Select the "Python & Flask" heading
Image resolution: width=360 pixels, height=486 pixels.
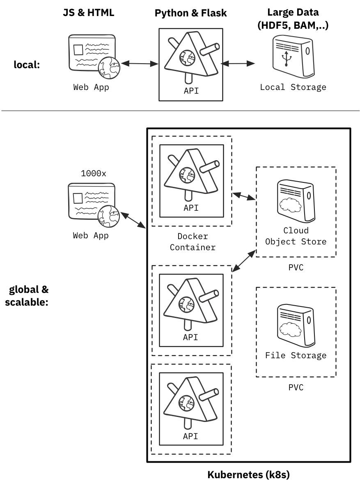190,13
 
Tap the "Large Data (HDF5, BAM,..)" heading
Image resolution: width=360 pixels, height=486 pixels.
293,18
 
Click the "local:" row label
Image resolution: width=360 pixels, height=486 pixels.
27,64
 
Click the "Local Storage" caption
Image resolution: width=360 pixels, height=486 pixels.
293,87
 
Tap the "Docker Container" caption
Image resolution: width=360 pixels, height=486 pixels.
193,242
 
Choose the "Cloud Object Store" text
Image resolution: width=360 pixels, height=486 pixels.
296,236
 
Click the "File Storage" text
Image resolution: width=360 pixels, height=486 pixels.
296,355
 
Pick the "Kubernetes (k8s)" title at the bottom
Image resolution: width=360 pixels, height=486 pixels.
248,475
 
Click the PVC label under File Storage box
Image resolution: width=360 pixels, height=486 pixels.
296,387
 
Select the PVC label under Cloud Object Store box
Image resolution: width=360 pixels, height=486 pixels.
296,267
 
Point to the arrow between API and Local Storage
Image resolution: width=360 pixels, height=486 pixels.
238,64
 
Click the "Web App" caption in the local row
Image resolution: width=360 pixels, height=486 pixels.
91,87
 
